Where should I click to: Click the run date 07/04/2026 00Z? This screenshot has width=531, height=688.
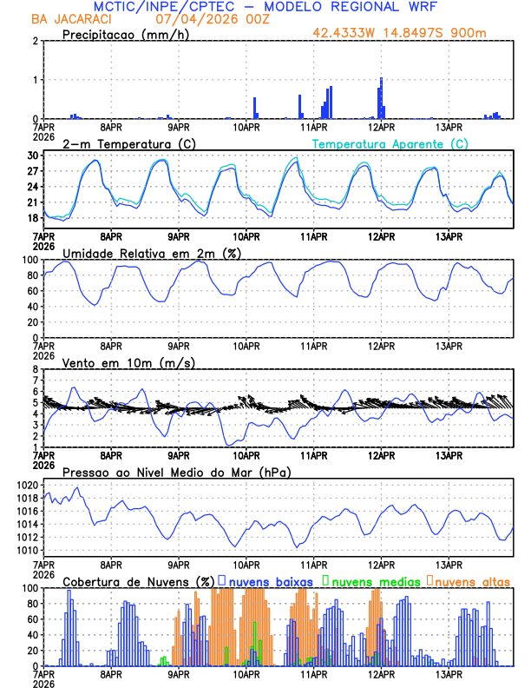point(207,18)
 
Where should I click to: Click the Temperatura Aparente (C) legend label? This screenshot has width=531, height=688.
point(390,143)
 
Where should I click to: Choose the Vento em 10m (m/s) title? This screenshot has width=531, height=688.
point(128,361)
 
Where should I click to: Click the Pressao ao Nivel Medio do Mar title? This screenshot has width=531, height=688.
point(176,472)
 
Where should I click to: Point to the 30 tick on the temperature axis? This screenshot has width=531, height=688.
point(33,155)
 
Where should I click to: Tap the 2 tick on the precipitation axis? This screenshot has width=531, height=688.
point(35,41)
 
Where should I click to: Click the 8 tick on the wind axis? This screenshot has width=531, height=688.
point(36,369)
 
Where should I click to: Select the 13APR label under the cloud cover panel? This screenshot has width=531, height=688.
point(449,674)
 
